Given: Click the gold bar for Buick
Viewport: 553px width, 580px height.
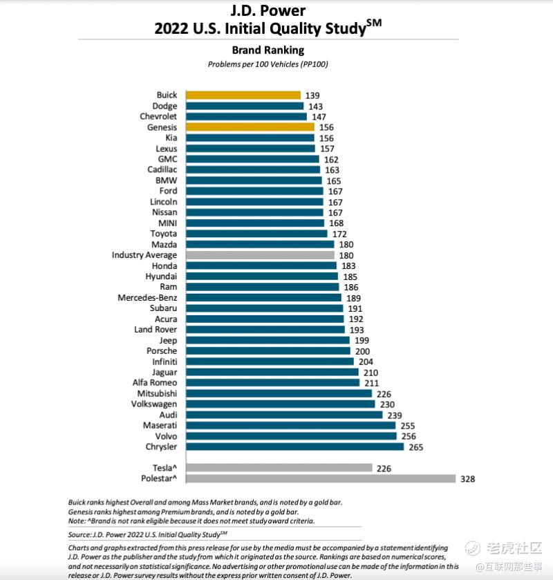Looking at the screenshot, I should (x=243, y=95).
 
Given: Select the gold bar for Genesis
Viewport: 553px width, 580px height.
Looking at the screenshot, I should (x=250, y=127).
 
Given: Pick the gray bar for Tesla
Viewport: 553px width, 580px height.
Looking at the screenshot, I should (x=279, y=468).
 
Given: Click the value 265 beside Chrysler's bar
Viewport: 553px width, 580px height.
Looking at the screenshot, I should (x=415, y=447).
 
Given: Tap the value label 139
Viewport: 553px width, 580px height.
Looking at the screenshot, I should (x=312, y=95).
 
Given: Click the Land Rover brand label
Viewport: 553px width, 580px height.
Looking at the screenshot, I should (x=156, y=330).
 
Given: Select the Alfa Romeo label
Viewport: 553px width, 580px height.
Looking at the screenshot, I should (x=155, y=383).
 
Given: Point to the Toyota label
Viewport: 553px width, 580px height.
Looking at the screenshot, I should (x=163, y=234).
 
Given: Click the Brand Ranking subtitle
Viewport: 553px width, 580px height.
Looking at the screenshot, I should (x=268, y=50).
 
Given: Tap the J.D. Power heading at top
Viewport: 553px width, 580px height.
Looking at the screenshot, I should (x=268, y=11).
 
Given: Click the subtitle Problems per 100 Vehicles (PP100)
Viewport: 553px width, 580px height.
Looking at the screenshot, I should (x=268, y=64).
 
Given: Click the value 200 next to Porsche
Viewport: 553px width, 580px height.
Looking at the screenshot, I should (x=362, y=351).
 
